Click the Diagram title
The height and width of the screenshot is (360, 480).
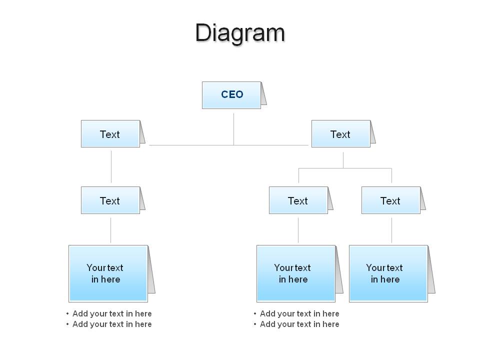pyautogui.click(x=240, y=33)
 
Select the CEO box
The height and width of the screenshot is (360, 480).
pyautogui.click(x=231, y=95)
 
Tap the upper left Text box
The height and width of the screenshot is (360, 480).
pyautogui.click(x=110, y=134)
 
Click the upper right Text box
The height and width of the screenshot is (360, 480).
pyautogui.click(x=341, y=134)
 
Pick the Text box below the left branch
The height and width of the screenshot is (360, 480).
pyautogui.click(x=110, y=200)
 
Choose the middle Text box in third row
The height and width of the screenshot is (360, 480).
pyautogui.click(x=298, y=200)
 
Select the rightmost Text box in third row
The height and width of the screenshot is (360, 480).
pyautogui.click(x=391, y=200)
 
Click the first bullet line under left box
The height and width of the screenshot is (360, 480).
pyautogui.click(x=109, y=314)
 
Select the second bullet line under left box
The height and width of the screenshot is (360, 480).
pyautogui.click(x=109, y=324)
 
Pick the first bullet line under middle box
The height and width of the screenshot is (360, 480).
pyautogui.click(x=296, y=314)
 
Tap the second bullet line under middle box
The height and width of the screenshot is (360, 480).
pyautogui.click(x=296, y=324)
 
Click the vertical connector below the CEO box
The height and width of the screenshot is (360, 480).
pyautogui.click(x=233, y=129)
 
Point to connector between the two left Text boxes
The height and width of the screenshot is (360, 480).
pyautogui.click(x=111, y=167)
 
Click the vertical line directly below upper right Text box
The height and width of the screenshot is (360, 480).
pyautogui.click(x=343, y=160)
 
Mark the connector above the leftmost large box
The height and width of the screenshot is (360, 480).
pyautogui.click(x=111, y=230)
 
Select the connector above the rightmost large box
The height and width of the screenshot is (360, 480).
pyautogui.click(x=391, y=230)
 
